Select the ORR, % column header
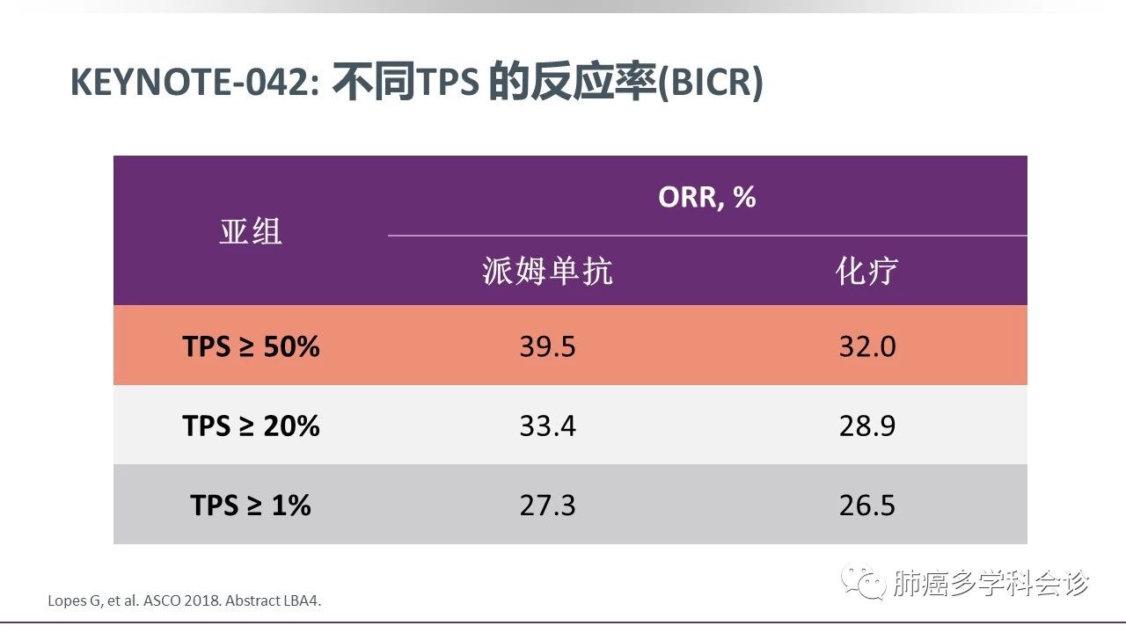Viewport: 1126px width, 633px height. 706,197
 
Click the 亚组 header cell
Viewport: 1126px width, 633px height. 251,231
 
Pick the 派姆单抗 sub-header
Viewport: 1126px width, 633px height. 547,271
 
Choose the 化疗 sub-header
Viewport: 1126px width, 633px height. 866,271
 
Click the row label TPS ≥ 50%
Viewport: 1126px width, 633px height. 251,346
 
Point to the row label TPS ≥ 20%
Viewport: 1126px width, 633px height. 251,426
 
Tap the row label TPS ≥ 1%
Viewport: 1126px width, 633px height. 251,505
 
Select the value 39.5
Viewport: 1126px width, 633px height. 547,346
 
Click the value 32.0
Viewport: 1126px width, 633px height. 866,346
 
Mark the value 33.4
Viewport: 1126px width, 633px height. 547,426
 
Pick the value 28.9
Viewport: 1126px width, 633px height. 866,426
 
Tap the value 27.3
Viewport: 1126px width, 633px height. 547,505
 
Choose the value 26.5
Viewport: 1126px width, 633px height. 866,505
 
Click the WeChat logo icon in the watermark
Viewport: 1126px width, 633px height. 863,581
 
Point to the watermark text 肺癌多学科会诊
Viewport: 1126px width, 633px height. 990,583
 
